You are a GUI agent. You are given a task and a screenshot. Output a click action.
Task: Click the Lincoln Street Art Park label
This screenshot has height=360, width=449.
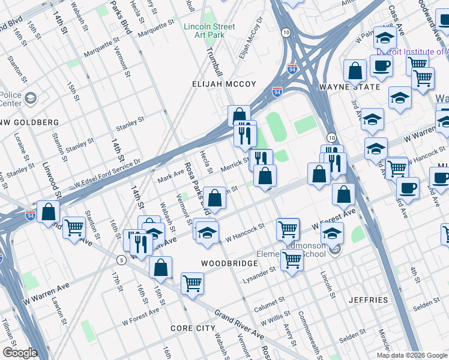[209, 31]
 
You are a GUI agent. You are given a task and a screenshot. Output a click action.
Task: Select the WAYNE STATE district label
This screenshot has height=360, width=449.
[349, 87]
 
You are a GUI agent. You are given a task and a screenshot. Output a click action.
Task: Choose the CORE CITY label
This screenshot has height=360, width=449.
[193, 328]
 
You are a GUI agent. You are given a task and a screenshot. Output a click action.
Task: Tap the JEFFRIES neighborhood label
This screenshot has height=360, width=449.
[372, 299]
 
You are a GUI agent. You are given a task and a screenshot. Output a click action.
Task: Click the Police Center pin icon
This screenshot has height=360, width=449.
[30, 98]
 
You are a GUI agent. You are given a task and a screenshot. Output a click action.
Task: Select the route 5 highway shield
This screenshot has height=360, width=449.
[121, 260]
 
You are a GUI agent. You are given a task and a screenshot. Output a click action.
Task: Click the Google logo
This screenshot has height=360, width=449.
[20, 353]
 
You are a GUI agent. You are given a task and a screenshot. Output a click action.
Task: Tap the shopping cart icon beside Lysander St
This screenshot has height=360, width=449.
[292, 261]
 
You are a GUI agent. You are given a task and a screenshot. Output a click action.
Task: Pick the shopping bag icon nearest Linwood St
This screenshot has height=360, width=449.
[48, 212]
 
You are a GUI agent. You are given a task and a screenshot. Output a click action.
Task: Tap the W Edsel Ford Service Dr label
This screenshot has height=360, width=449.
[107, 172]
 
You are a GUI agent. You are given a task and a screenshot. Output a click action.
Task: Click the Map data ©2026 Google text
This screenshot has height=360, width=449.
[412, 355]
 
